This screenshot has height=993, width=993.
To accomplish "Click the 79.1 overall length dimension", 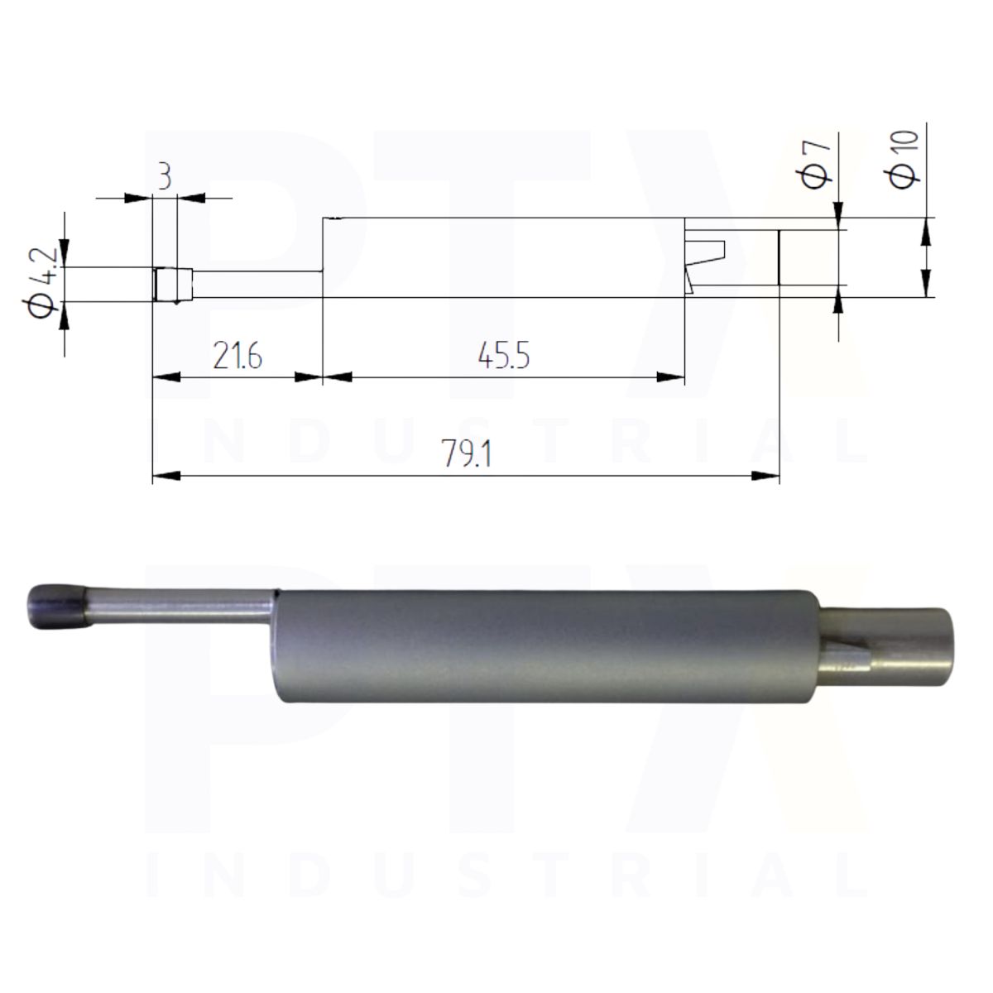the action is (x=467, y=453).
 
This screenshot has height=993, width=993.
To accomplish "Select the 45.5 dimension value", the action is (x=503, y=356).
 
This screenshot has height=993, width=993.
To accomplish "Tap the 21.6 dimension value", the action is (x=237, y=356).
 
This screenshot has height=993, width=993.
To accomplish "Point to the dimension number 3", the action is (x=165, y=177).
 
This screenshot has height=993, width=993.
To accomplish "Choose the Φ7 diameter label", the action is (x=817, y=164).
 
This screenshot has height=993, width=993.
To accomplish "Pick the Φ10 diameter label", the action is (x=905, y=160).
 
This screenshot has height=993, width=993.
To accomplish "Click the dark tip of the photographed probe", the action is (x=57, y=606).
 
